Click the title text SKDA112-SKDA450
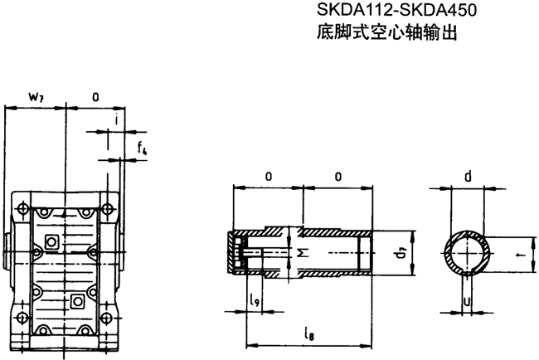386,11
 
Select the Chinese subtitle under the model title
386,34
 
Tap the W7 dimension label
36,97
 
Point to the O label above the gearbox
95,97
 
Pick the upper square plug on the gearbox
51,241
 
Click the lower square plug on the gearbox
77,299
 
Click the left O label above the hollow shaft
268,177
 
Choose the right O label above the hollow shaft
338,177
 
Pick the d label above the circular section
469,176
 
